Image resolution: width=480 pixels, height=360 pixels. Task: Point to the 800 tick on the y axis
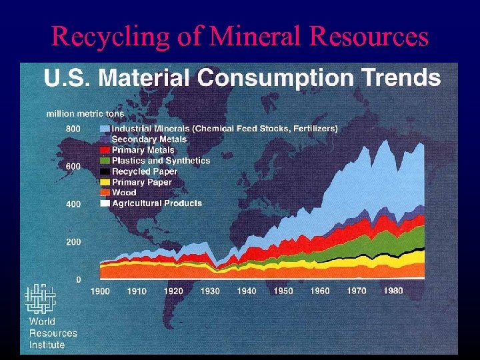pos(73,128)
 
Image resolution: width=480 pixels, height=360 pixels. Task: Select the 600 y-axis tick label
pos(73,166)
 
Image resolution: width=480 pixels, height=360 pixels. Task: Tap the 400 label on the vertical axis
pos(73,204)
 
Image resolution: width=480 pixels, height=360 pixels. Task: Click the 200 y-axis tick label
pos(73,242)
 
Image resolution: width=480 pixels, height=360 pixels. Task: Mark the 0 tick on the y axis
pos(79,280)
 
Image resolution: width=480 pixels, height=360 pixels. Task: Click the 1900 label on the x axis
pos(100,291)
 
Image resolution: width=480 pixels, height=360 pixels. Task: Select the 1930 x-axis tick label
pos(210,291)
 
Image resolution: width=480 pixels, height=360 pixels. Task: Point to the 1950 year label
pos(283,291)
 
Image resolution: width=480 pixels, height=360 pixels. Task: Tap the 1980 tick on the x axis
pos(393,291)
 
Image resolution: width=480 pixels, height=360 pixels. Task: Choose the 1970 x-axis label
pos(356,291)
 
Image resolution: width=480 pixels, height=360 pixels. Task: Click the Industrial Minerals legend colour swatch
pos(105,129)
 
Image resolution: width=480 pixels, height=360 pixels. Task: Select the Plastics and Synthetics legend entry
pos(160,161)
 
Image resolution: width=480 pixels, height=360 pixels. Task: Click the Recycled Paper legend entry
pos(145,171)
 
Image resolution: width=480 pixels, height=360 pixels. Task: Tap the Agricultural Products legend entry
pos(157,203)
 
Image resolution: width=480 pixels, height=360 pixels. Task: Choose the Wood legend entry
pos(124,193)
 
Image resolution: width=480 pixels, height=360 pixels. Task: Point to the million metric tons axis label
pos(85,114)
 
